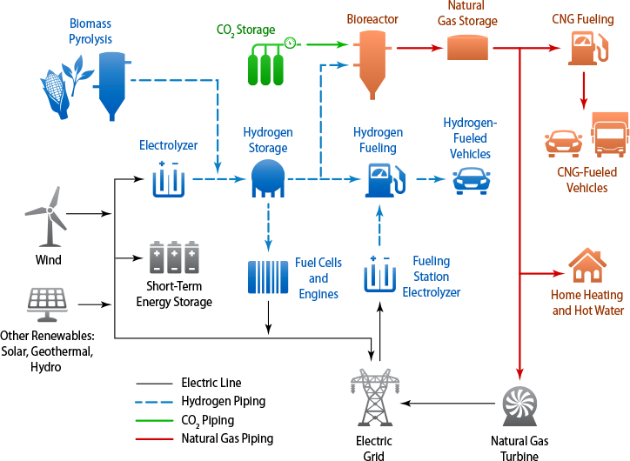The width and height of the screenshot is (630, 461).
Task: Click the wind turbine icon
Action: [x=45, y=216]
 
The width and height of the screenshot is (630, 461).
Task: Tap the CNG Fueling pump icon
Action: [x=584, y=48]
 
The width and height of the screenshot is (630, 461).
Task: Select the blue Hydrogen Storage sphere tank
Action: [x=268, y=178]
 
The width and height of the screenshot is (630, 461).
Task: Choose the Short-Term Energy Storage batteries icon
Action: [x=174, y=257]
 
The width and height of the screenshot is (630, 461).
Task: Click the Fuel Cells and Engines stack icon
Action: [x=268, y=279]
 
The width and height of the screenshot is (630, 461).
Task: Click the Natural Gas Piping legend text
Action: [x=227, y=438]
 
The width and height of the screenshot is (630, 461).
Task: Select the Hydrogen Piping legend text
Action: [x=223, y=401]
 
